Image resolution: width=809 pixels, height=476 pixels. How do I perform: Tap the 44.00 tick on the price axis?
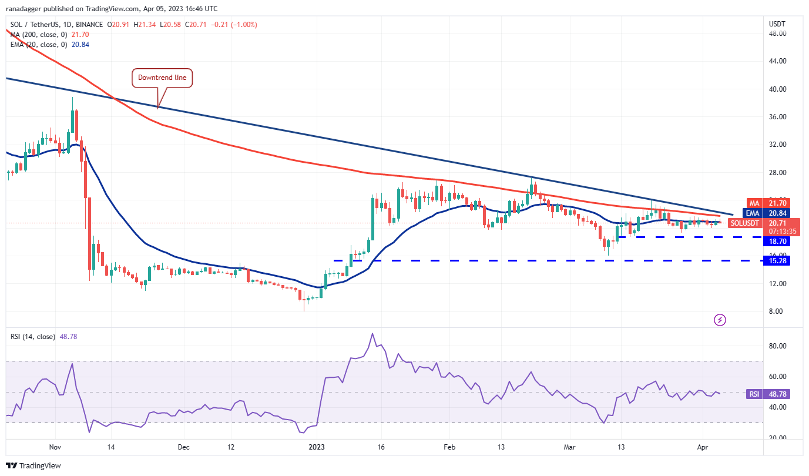pyautogui.click(x=777, y=61)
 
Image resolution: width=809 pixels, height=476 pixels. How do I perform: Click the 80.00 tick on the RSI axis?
pyautogui.click(x=777, y=346)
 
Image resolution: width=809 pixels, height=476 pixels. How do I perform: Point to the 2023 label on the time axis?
pyautogui.click(x=320, y=447)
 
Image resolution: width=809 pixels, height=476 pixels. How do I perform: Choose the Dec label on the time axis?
pyautogui.click(x=183, y=447)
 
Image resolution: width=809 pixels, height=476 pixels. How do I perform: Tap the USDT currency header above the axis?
pyautogui.click(x=777, y=24)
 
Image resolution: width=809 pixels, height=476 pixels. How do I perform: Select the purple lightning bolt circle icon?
pyautogui.click(x=720, y=320)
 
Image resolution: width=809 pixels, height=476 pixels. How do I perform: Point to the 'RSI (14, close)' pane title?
pyautogui.click(x=33, y=337)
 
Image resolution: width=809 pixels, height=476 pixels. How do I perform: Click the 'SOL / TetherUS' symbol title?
pyautogui.click(x=35, y=25)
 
